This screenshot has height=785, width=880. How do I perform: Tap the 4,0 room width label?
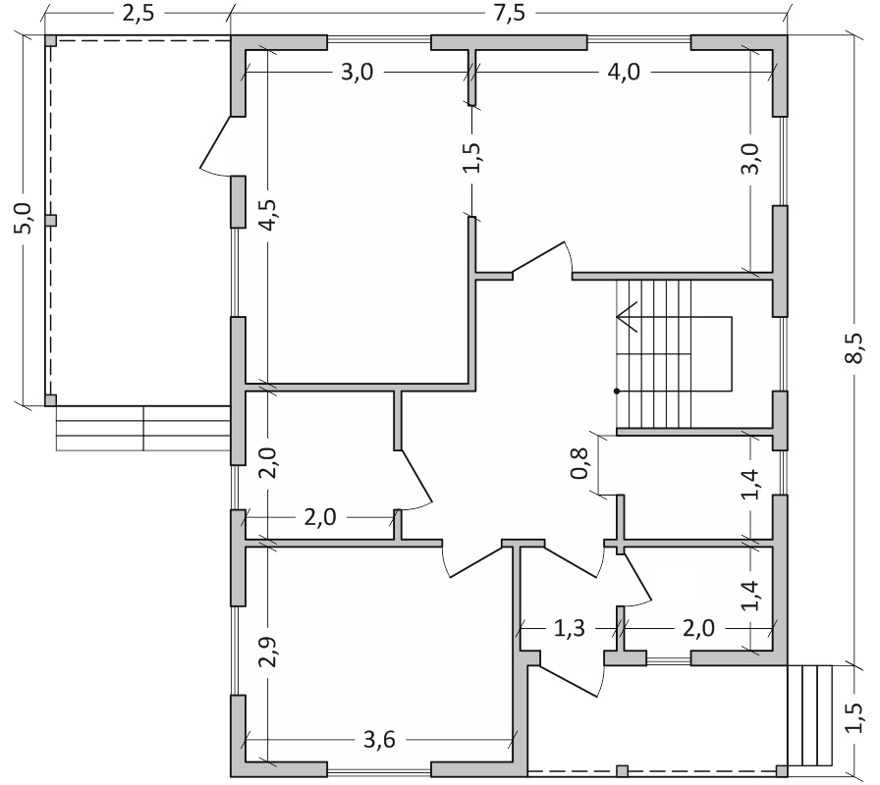pos(623,73)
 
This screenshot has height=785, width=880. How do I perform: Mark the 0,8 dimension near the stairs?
pos(580,464)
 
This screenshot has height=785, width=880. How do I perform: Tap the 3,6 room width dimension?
pos(379,740)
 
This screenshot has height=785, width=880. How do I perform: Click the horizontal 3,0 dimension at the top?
pos(362,73)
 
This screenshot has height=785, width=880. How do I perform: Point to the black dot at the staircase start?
pos(617,392)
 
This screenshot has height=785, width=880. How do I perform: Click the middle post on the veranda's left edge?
pos(51,221)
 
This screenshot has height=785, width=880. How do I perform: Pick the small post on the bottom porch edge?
pos(622,770)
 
